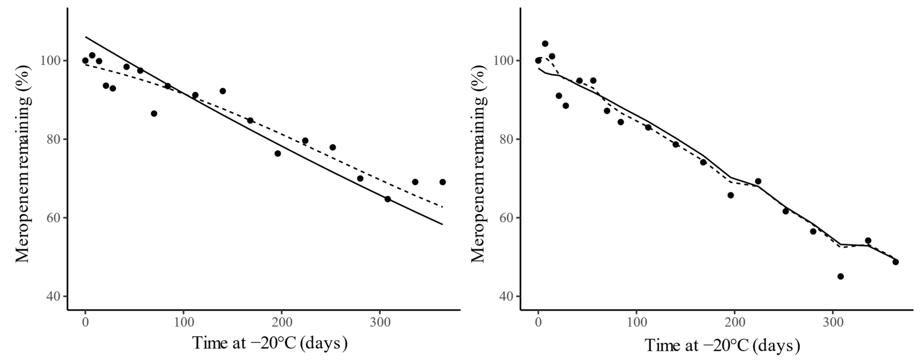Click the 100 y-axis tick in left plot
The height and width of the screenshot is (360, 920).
[x=51, y=61]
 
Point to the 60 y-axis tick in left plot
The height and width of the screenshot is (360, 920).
[x=51, y=218]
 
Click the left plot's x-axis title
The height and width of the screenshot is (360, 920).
[x=270, y=343]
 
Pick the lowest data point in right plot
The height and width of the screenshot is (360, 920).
[x=840, y=277]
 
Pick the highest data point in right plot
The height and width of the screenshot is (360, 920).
[x=545, y=44]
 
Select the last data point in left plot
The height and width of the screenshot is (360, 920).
[x=442, y=182]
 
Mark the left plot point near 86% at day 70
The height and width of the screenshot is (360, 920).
[x=154, y=113]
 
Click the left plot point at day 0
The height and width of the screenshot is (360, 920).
[x=85, y=61]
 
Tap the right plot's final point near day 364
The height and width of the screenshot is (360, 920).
[x=895, y=262]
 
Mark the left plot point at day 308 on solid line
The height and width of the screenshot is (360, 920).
[x=388, y=199]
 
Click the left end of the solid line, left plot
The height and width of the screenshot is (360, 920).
[x=85, y=37]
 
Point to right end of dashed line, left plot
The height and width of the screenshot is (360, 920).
[x=442, y=207]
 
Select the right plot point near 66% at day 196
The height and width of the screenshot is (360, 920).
[x=730, y=195]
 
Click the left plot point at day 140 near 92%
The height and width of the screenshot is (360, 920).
[x=223, y=91]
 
